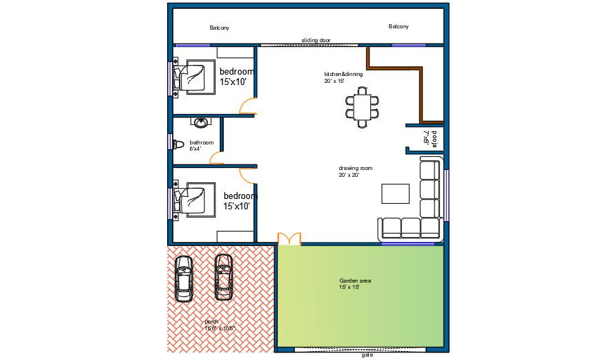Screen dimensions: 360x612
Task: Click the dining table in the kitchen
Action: tap(363, 107)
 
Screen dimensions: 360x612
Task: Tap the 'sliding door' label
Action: tap(316, 41)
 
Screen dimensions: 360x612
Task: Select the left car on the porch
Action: tap(184, 278)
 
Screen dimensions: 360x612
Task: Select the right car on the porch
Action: tap(224, 277)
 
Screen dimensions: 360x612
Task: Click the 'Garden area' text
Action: tap(355, 281)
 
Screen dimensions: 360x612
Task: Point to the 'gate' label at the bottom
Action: tap(367, 355)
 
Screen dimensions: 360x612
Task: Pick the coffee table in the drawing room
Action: tap(396, 193)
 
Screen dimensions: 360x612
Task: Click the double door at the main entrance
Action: tap(289, 239)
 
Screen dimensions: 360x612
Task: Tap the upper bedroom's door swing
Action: tap(248, 107)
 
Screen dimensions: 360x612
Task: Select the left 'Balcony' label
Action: tap(219, 28)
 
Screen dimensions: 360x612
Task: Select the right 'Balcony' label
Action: tap(398, 27)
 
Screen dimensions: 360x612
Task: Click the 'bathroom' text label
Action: tap(202, 142)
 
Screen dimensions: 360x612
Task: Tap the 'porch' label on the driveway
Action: tap(212, 322)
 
